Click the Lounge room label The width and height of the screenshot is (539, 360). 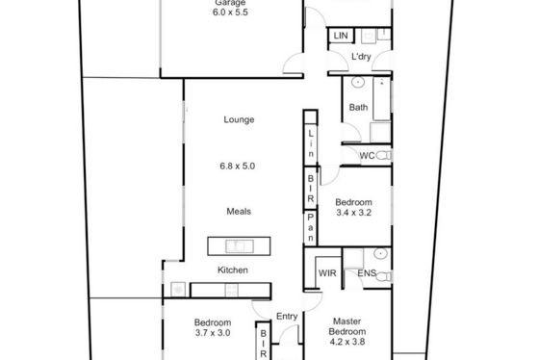click(239, 119)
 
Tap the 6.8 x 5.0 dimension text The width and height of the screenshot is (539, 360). click(237, 167)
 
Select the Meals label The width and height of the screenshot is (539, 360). click(239, 211)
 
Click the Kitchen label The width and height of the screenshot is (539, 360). click(233, 270)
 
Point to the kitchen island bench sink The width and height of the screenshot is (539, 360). click(240, 246)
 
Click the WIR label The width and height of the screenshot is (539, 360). click(327, 273)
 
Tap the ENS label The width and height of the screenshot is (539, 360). click(367, 273)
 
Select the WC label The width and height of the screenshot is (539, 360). click(367, 156)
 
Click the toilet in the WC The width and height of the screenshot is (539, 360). click(384, 156)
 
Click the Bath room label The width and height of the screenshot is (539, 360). click(358, 107)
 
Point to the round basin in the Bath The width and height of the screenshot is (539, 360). click(358, 82)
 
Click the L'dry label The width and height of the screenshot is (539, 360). click(361, 57)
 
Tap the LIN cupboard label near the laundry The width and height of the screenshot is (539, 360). click(341, 36)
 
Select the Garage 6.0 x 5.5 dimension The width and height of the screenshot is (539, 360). click(230, 13)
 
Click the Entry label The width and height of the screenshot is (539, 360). click(287, 317)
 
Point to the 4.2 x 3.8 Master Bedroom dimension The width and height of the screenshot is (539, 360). click(347, 342)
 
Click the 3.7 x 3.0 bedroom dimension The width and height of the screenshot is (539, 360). click(213, 333)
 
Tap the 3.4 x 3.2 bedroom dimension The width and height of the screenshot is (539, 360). click(354, 213)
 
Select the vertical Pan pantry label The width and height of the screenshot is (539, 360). click(310, 227)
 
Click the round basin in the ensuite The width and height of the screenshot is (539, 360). click(380, 254)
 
